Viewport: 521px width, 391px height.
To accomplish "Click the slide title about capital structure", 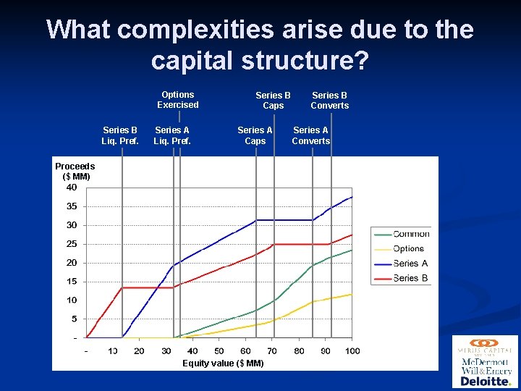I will (260, 45).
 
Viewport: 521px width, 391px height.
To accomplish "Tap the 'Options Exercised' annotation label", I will (177, 100).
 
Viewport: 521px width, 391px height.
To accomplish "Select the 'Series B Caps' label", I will (273, 101).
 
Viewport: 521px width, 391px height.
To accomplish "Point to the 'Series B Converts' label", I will (329, 101).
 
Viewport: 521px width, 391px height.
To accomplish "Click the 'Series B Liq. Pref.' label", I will (120, 136).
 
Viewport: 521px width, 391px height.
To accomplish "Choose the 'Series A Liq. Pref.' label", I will (172, 136).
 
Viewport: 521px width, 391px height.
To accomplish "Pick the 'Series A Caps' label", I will (255, 136).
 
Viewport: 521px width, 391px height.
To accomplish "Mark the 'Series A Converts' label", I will (310, 136).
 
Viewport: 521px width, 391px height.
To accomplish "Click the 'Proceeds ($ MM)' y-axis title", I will (75, 172).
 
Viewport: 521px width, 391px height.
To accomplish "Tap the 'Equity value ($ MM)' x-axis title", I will (223, 363).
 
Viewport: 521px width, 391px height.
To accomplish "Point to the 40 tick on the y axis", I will (72, 188).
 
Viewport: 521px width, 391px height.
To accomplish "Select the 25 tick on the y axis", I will (72, 244).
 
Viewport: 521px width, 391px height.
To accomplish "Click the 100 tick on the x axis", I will (352, 351).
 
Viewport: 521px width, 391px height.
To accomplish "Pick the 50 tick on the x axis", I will (219, 351).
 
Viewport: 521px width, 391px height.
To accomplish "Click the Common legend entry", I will (410, 234).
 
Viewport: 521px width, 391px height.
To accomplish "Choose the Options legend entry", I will (408, 248).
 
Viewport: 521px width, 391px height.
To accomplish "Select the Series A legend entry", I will (410, 264).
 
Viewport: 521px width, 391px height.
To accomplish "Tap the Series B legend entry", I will (410, 278).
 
